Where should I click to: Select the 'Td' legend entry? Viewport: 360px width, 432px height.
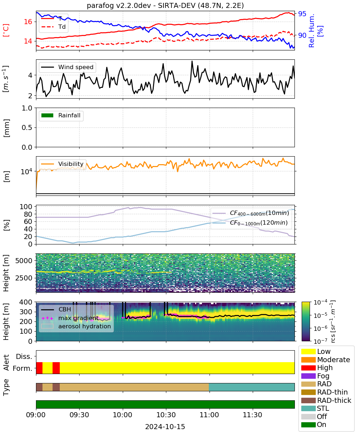coord(54,27)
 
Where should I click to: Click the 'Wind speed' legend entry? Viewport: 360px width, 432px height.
coord(67,67)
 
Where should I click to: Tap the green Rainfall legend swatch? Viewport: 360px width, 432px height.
coord(48,116)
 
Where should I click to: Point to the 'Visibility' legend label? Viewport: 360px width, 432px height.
coord(71,164)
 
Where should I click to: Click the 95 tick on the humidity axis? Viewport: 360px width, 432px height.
coord(302,14)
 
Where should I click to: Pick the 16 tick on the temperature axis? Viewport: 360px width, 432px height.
coord(28,22)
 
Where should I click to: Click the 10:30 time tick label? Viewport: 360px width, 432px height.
coord(166,415)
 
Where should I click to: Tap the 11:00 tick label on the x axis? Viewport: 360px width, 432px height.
coord(209,415)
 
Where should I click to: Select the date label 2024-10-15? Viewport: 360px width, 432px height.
coord(165,427)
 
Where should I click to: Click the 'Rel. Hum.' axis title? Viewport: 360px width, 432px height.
coord(311,31)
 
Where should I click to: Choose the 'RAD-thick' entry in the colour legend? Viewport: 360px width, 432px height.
coord(326,400)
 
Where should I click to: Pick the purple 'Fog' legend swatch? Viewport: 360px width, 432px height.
coord(308,376)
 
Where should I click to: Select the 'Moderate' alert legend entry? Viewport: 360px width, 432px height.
coord(325,360)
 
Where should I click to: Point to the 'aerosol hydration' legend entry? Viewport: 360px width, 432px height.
coord(76,326)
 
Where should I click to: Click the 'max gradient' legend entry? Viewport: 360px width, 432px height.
coord(70,318)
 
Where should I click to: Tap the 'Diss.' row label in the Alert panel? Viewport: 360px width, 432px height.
coord(24,356)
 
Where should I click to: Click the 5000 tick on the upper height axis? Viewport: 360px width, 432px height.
coord(24,261)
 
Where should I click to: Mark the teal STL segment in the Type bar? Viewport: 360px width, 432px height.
coord(252,387)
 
